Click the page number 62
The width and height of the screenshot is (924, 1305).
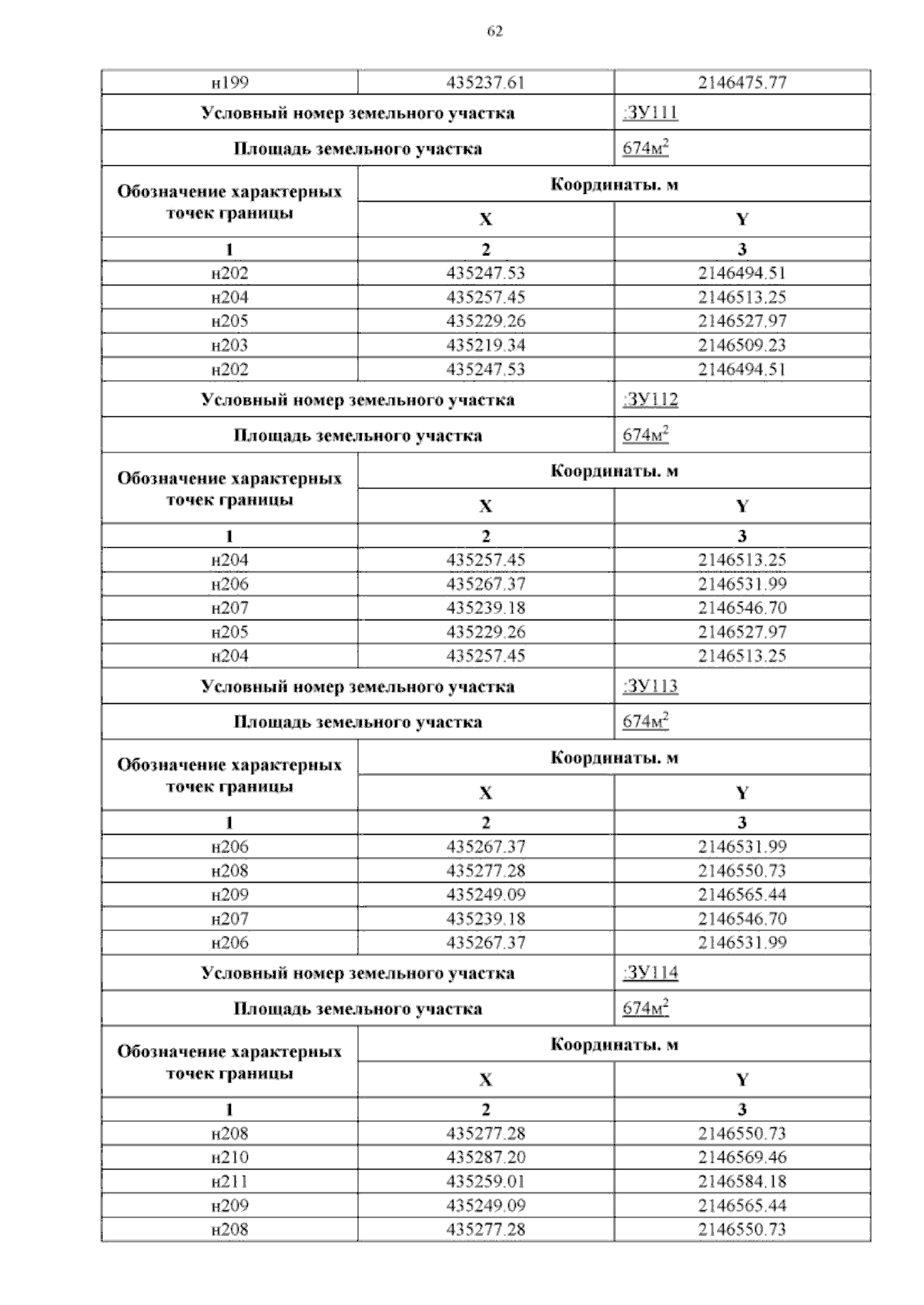click(495, 32)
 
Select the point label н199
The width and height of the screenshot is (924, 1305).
click(229, 82)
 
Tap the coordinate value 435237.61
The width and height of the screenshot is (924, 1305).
click(485, 82)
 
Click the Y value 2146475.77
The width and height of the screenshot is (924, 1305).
click(742, 82)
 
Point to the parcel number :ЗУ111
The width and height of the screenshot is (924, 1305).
click(650, 113)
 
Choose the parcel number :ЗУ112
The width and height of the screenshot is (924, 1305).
click(650, 400)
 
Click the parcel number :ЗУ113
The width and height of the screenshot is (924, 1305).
click(650, 686)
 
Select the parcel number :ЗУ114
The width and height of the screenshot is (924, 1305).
click(650, 973)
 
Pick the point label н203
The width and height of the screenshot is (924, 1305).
click(229, 345)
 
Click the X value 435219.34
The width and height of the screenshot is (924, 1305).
click(485, 345)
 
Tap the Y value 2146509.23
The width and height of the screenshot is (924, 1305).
click(742, 345)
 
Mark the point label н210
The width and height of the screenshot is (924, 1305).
click(229, 1157)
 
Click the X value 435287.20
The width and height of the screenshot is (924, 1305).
click(485, 1157)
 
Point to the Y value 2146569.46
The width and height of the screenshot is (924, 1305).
click(742, 1157)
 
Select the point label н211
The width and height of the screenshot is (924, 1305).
click(229, 1181)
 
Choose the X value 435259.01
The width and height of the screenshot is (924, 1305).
click(485, 1181)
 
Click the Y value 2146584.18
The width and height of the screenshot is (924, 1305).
click(742, 1181)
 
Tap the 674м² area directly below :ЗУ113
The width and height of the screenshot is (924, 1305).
click(645, 722)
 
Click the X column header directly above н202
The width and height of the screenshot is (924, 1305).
click(485, 220)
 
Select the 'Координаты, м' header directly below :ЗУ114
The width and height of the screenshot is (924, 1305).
click(614, 1044)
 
